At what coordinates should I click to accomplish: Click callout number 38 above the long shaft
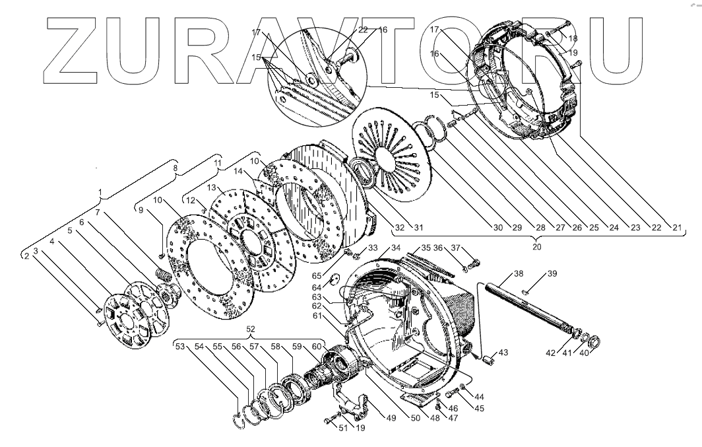pyautogui.click(x=518, y=273)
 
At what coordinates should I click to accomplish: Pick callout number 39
pyautogui.click(x=552, y=273)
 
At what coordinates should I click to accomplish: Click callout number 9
pyautogui.click(x=140, y=210)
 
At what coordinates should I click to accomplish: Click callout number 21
pyautogui.click(x=676, y=228)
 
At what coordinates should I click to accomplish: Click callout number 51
pyautogui.click(x=342, y=428)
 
